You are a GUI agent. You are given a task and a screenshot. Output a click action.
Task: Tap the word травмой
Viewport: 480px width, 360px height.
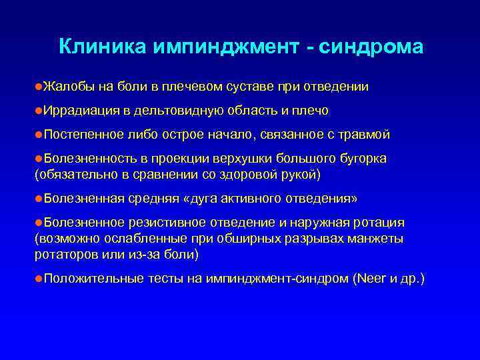pos(365,135)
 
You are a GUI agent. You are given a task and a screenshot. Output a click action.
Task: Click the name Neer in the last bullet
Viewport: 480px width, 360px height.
pos(370,279)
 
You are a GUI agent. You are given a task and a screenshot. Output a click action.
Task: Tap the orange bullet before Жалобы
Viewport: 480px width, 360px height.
pos(38,87)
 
